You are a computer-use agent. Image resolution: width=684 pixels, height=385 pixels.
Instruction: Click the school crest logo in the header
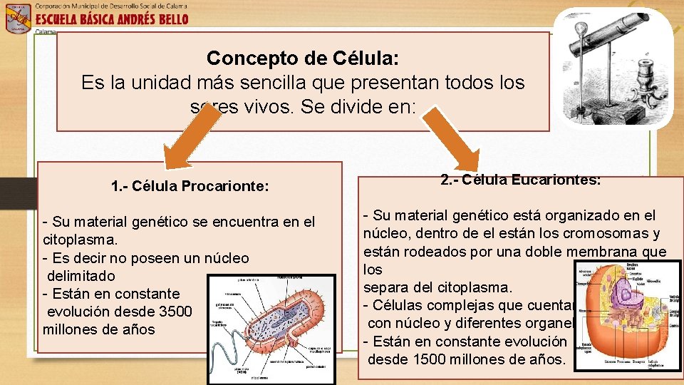coord(17,18)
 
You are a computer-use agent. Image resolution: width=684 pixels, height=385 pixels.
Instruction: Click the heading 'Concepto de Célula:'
coord(303,58)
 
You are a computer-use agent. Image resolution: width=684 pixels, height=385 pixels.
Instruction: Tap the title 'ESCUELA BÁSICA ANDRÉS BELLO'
coord(112,19)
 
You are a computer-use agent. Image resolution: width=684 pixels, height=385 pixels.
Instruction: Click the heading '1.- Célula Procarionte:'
coord(190,187)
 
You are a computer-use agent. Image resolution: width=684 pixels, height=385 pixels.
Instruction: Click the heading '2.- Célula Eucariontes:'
coord(520,180)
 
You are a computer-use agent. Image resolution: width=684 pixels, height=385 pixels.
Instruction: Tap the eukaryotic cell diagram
coord(627,314)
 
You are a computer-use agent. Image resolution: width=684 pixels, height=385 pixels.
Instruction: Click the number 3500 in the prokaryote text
coord(174,311)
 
